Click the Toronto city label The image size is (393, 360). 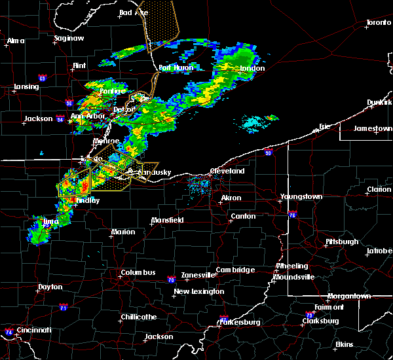378,22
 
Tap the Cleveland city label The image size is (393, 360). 227,171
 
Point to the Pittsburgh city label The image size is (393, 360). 342,242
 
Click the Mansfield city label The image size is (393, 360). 167,220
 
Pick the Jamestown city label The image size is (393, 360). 373,128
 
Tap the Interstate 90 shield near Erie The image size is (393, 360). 269,153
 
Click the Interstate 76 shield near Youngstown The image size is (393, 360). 292,214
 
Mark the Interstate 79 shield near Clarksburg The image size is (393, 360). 308,315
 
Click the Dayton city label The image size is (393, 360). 50,287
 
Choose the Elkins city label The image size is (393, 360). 344,344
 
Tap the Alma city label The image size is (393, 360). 15,41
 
